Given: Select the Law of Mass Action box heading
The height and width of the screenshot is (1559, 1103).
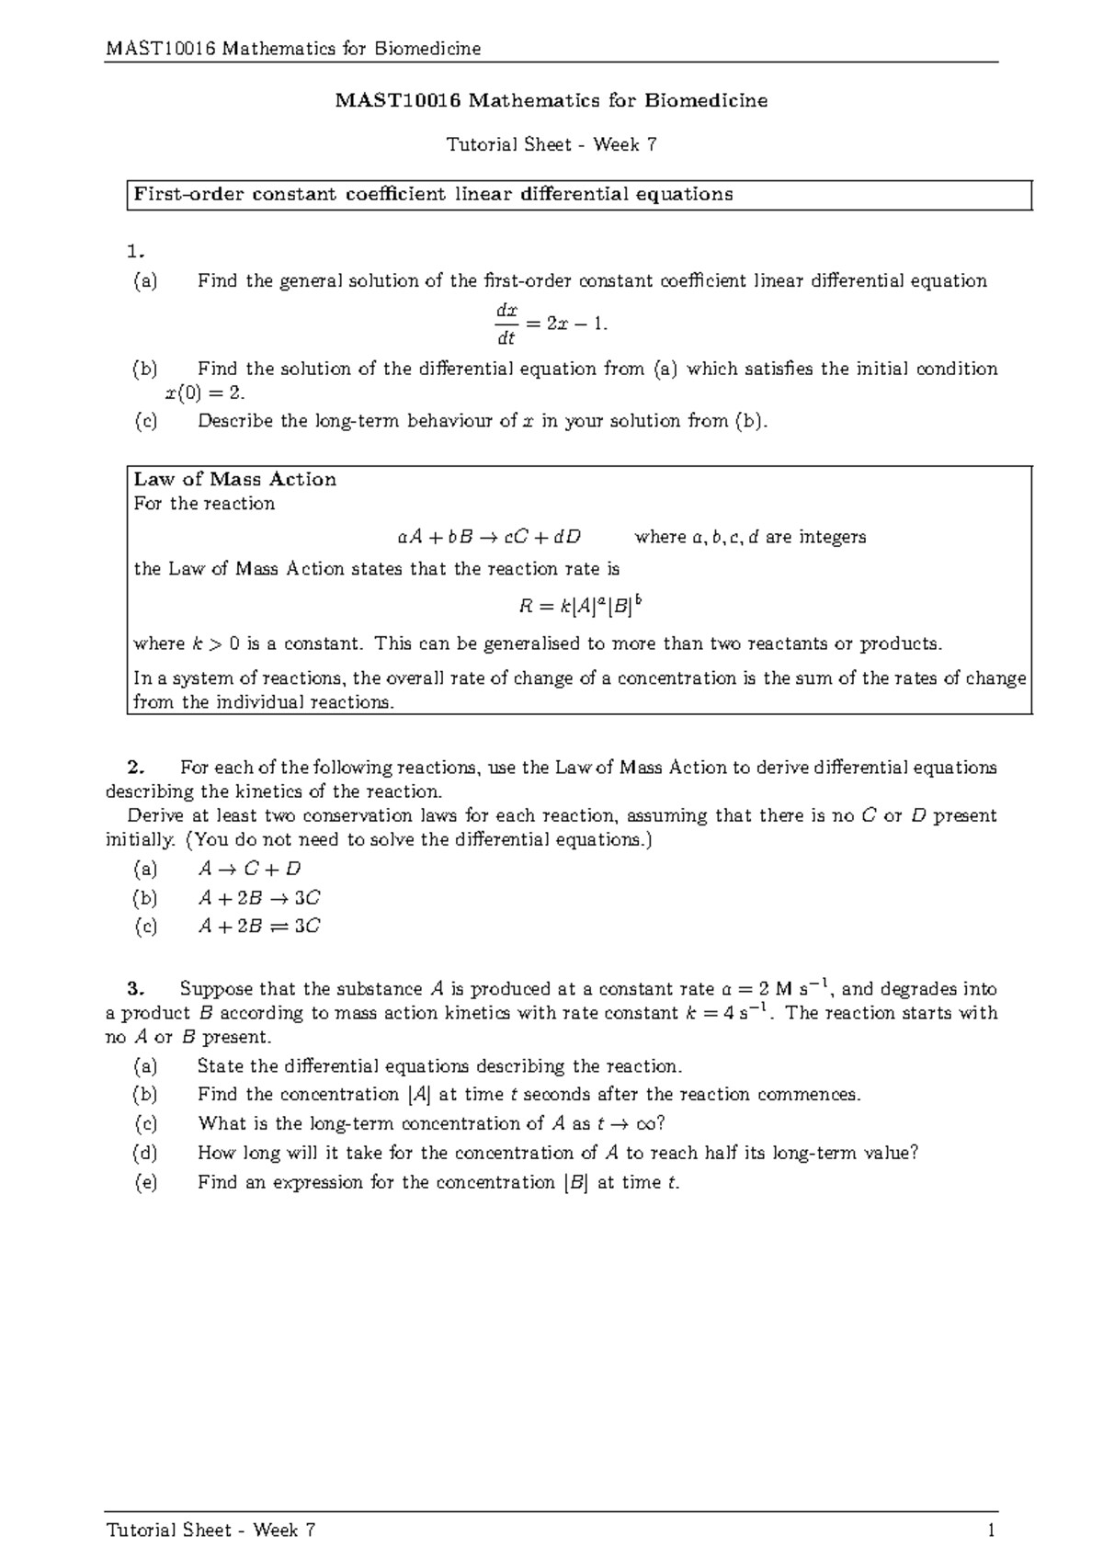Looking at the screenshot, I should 235,479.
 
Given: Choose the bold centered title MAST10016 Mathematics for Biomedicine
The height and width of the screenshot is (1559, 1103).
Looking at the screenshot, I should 551,101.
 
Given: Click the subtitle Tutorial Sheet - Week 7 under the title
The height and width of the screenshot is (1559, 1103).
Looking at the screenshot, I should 551,144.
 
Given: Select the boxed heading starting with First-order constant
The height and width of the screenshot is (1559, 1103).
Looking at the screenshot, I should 434,194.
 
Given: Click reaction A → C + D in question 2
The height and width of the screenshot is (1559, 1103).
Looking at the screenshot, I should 249,869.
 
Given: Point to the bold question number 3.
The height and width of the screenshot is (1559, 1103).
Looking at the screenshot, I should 136,989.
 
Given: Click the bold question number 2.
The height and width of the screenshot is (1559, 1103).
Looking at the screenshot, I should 136,768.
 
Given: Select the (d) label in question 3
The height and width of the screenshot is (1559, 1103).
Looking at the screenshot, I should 145,1153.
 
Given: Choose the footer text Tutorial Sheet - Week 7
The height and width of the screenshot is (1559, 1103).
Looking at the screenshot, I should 211,1531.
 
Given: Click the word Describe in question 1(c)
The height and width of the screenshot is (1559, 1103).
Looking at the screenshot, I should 235,421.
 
